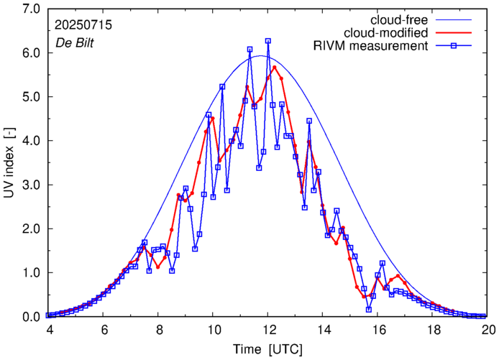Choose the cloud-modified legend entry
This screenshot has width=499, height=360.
pos(387,33)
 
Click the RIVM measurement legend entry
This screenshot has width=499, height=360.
pos(372,47)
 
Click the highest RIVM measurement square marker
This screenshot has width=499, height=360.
pos(268,41)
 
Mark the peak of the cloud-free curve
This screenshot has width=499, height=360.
pos(268,56)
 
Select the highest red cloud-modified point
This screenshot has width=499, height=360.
pos(275,68)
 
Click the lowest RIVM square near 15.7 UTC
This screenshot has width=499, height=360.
pos(369,310)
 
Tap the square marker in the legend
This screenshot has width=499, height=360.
pos(459,47)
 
